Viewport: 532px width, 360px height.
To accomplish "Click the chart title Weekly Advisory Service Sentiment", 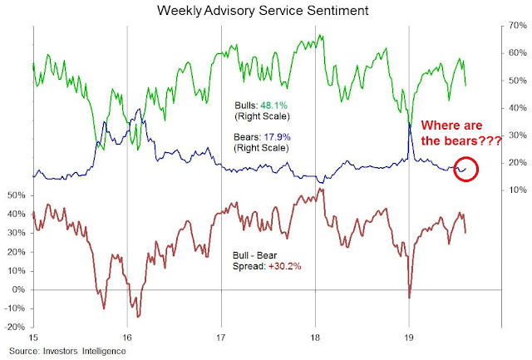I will tap(266, 12).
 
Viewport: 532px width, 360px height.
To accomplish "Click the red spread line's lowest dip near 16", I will tap(138, 316).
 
